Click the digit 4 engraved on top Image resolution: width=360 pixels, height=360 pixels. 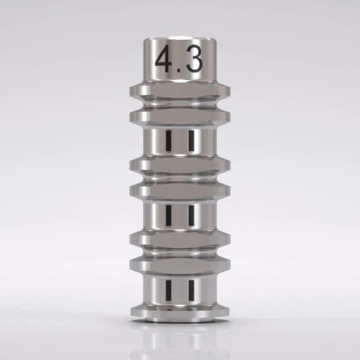click(x=165, y=61)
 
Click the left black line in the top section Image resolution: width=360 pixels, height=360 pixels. click(x=170, y=142)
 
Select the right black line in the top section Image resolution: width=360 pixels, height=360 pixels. click(x=191, y=142)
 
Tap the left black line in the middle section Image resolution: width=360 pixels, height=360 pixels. click(x=170, y=214)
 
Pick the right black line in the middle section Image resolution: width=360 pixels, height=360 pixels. click(x=191, y=214)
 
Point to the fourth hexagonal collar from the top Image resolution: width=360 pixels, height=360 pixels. click(x=180, y=192)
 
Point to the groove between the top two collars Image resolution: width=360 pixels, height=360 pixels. click(x=180, y=103)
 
